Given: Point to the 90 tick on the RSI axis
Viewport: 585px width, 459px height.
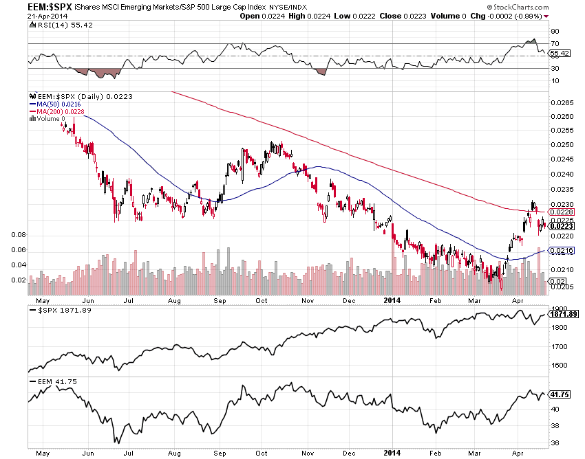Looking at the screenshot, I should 555,31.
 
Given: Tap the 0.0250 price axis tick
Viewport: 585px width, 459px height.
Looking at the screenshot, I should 562,145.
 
